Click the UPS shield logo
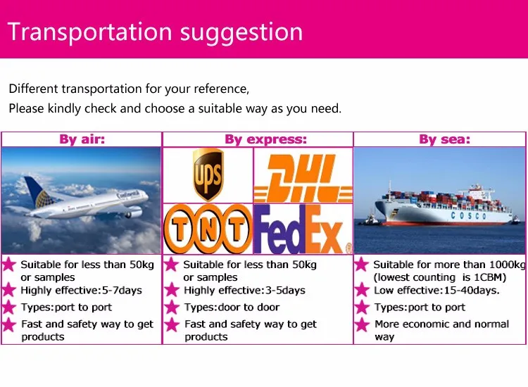208,175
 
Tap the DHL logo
303,178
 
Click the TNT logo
208,229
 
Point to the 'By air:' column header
82,139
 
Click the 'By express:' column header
265,139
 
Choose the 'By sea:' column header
444,139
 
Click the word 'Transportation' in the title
90,32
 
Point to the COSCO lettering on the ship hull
468,215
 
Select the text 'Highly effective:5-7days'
81,290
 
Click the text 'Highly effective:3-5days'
244,290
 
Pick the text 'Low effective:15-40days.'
436,290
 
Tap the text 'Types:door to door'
232,307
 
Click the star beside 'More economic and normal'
362,324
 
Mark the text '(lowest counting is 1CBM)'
440,277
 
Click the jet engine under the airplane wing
134,212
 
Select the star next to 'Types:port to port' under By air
9,307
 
